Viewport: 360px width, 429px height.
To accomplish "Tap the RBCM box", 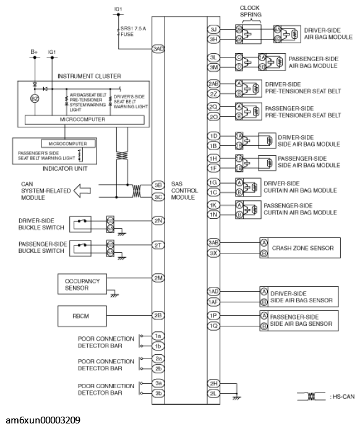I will coord(82,315).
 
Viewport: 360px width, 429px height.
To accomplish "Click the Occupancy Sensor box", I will coord(82,284).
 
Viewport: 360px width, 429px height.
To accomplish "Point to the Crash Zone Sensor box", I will coord(296,248).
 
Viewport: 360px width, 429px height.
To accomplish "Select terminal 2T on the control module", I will coord(158,245).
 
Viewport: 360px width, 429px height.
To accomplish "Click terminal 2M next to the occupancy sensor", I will coord(158,277).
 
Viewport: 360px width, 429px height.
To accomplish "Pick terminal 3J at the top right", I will coord(213,28).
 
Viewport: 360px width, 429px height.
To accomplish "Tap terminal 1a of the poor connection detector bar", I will coord(158,335).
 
